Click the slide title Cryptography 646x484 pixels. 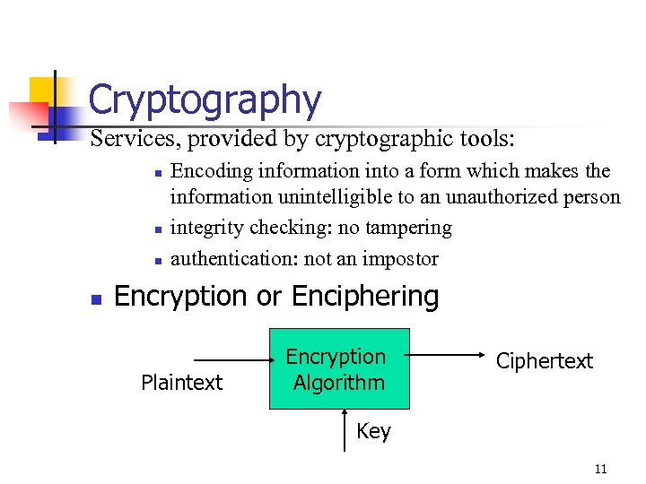(205, 100)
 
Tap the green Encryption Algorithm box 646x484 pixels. (339, 369)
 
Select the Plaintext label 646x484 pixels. (181, 383)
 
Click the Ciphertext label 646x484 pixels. (545, 361)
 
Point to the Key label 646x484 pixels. (373, 431)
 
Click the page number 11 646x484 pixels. (600, 469)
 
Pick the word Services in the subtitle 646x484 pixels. (125, 139)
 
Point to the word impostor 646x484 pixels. (404, 259)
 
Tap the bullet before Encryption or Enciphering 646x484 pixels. (95, 298)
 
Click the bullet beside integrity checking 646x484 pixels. (156, 230)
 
